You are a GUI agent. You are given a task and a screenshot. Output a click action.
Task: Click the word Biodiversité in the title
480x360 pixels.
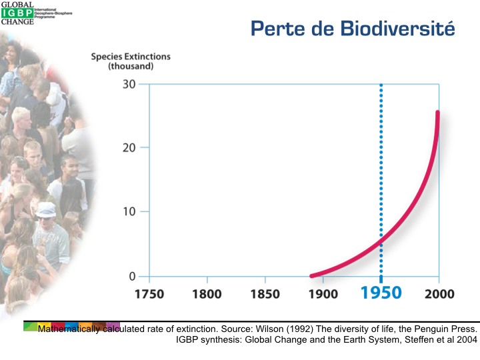click(x=397, y=29)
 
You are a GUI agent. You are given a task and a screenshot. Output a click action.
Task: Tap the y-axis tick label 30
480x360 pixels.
click(x=129, y=85)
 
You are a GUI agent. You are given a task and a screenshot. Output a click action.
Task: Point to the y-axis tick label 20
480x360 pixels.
click(x=129, y=148)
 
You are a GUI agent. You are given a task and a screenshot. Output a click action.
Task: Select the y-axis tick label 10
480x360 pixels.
click(x=129, y=212)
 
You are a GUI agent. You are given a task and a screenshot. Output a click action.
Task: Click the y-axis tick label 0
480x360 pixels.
click(x=132, y=276)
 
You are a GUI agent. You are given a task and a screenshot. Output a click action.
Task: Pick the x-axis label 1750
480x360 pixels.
click(x=149, y=294)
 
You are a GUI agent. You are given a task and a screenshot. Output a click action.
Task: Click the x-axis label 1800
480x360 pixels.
click(x=207, y=294)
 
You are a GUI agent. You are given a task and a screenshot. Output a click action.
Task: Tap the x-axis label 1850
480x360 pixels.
click(x=265, y=294)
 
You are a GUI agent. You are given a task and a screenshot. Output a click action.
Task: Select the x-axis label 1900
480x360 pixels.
click(x=323, y=294)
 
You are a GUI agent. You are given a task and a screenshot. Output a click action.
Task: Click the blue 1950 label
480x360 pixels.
click(x=381, y=293)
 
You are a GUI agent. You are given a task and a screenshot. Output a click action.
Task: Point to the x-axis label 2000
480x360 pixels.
click(x=438, y=294)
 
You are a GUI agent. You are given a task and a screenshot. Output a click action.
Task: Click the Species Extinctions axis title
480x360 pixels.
click(x=131, y=61)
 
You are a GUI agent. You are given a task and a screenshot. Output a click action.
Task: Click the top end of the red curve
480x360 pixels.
click(x=438, y=113)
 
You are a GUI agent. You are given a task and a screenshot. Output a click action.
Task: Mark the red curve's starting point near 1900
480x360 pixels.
click(x=312, y=275)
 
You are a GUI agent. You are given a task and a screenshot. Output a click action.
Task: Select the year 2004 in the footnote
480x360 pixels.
click(x=467, y=339)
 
